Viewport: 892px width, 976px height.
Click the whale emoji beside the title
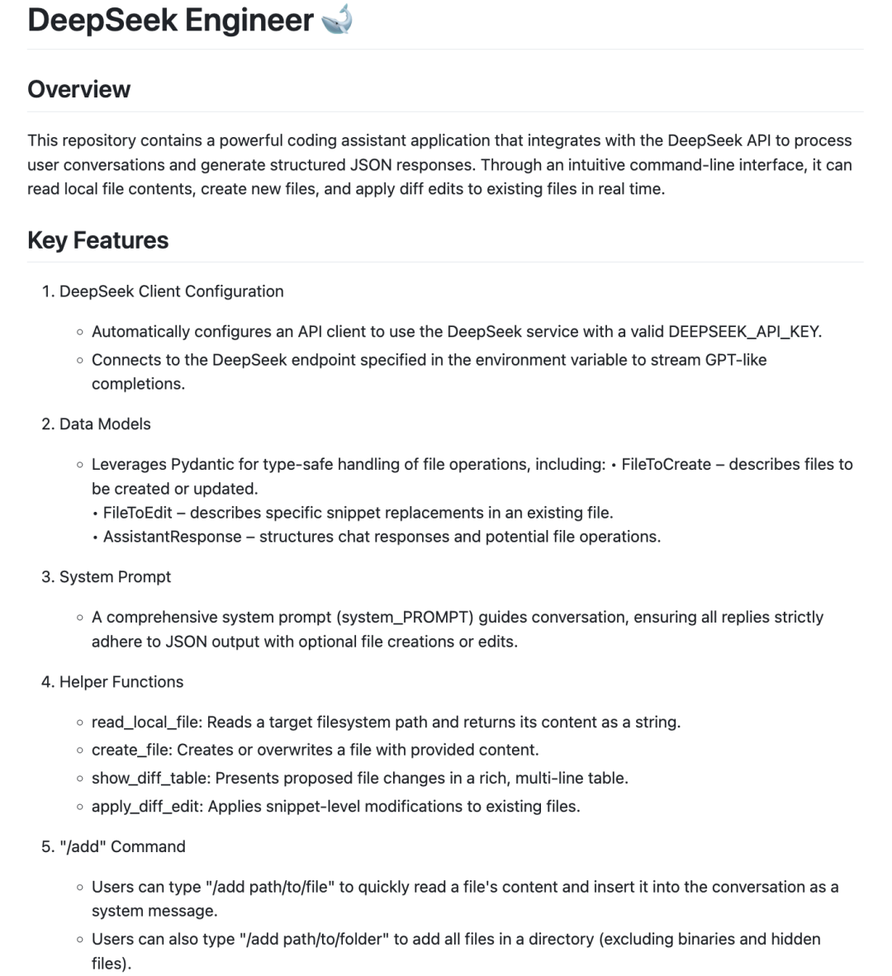[337, 20]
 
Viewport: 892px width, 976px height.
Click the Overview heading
[78, 89]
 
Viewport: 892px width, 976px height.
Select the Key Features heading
[97, 240]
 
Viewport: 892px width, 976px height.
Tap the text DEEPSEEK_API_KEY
[744, 332]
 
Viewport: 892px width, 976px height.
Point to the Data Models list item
[105, 424]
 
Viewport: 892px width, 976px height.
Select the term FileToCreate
[666, 465]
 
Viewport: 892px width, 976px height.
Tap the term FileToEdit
[138, 513]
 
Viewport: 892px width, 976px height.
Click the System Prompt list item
[115, 577]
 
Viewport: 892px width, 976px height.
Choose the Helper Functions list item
[121, 682]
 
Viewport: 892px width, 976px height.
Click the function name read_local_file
[146, 723]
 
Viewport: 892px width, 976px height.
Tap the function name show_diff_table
[149, 779]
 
